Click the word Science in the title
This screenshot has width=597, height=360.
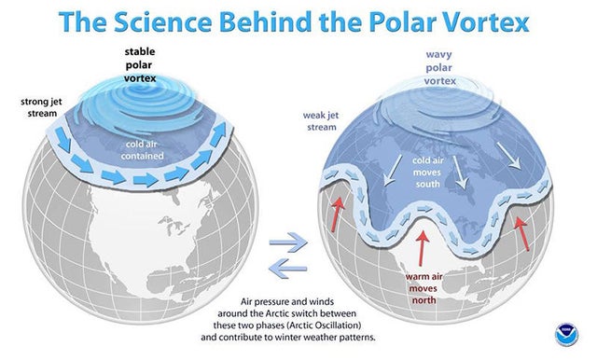click(162, 21)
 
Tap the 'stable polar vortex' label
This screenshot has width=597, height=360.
click(140, 64)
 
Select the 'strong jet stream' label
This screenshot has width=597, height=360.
click(41, 107)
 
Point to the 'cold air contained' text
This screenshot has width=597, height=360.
click(142, 150)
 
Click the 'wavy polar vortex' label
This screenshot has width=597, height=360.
click(439, 67)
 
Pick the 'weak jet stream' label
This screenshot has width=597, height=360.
click(321, 121)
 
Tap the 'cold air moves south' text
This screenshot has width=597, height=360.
click(427, 172)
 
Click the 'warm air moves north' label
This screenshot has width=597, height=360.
click(423, 288)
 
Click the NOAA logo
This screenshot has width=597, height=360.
click(566, 335)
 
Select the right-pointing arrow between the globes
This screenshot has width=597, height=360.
click(288, 242)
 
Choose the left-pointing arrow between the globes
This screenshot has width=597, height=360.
click(288, 269)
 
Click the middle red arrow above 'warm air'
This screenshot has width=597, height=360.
click(422, 248)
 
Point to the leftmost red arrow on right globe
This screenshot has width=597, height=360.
click(337, 215)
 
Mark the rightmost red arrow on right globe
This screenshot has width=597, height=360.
click(521, 233)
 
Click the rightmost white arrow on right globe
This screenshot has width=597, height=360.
click(508, 156)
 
